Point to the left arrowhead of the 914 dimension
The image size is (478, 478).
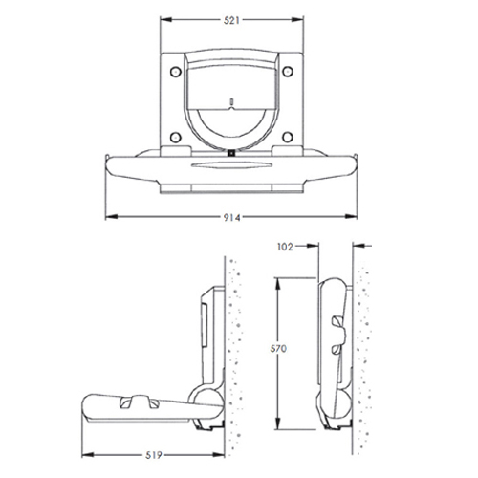click(x=106, y=218)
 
